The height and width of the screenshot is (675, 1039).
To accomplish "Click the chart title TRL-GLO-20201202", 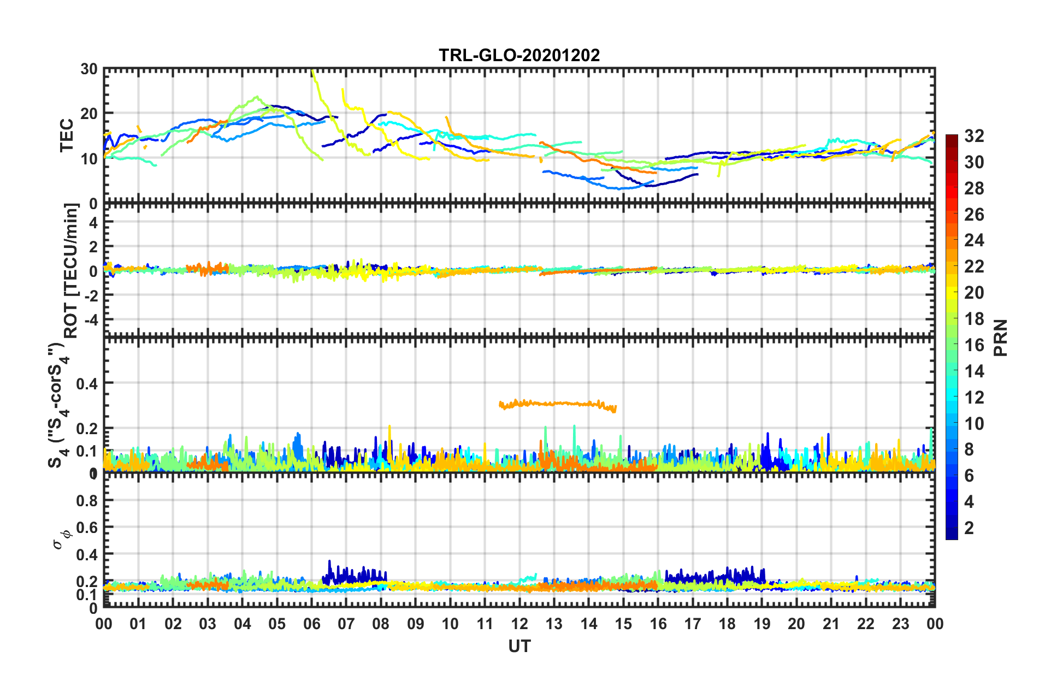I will pyautogui.click(x=519, y=55).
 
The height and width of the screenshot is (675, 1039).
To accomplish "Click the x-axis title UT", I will pyautogui.click(x=519, y=647).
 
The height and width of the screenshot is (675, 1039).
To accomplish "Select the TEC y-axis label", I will pyautogui.click(x=67, y=135).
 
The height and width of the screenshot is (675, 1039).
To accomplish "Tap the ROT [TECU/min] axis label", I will pyautogui.click(x=71, y=270).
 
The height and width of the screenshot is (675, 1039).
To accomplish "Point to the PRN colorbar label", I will pyautogui.click(x=1001, y=337).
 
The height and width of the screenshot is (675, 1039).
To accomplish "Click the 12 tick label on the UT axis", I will pyautogui.click(x=519, y=624).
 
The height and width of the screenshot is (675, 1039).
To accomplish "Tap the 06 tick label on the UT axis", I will pyautogui.click(x=311, y=624).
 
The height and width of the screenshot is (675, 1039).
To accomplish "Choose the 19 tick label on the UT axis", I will pyautogui.click(x=761, y=624).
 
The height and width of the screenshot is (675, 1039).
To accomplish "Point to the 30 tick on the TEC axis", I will pyautogui.click(x=88, y=69).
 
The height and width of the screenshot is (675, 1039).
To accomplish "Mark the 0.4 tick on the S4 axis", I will pyautogui.click(x=87, y=383).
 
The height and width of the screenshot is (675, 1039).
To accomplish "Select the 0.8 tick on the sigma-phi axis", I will pyautogui.click(x=87, y=501).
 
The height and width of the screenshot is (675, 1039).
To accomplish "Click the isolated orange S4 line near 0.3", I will pyautogui.click(x=557, y=404).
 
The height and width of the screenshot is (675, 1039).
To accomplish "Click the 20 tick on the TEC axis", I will pyautogui.click(x=88, y=114).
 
